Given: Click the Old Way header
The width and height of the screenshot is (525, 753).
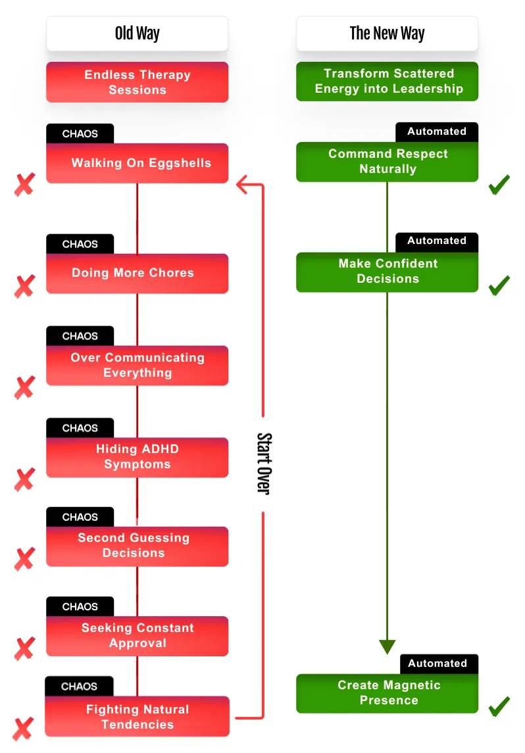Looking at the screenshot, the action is point(137,34).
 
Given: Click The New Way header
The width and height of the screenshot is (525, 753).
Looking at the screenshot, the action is point(387,34).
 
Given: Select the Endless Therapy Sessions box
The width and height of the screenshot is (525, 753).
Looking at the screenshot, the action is point(137,82).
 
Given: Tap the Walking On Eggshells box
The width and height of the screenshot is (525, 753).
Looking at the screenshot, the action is point(137,163).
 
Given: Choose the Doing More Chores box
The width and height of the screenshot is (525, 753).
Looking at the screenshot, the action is point(137,274).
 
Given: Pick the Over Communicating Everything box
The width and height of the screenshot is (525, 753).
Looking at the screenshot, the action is point(137,366).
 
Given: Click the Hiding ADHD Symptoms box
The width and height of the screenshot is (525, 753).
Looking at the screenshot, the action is point(137,457).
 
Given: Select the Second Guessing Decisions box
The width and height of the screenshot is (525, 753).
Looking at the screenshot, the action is point(137,547).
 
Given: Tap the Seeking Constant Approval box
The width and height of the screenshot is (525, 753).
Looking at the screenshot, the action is point(137,636).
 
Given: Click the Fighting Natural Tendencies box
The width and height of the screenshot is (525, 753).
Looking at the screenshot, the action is point(137,716).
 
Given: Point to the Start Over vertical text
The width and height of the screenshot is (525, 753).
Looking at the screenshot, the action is point(264,464).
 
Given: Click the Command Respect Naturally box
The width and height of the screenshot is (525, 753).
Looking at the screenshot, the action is point(387,162).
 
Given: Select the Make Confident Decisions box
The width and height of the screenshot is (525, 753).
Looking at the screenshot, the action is point(387,272).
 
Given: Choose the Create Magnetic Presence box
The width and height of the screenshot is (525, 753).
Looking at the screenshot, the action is point(387,693).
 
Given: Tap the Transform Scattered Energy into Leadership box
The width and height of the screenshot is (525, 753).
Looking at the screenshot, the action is point(387,81).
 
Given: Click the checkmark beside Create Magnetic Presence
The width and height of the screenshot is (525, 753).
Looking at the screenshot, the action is point(499,706).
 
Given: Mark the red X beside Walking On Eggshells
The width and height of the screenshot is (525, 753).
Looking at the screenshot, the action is point(24,184).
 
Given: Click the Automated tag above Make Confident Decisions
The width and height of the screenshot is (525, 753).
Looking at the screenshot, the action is point(437,241).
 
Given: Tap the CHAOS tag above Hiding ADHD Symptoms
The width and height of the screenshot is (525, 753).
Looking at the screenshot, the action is point(80,428).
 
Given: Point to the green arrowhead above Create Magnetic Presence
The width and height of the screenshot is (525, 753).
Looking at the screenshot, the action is point(387,646).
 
